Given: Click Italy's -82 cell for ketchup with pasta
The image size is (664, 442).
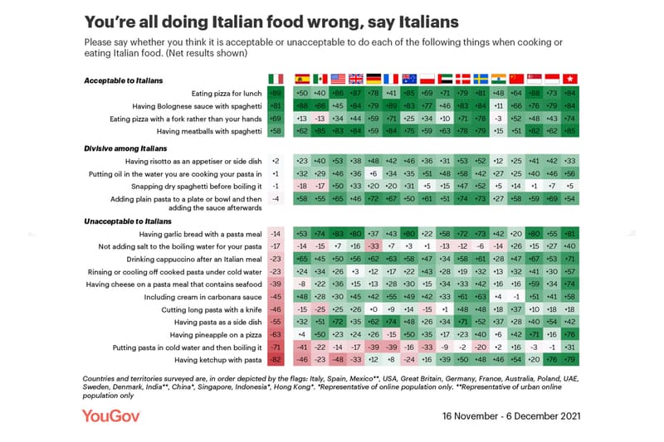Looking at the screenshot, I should (x=276, y=360).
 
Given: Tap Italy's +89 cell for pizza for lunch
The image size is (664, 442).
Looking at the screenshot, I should (x=276, y=94).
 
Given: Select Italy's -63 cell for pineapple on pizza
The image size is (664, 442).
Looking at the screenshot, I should (x=276, y=334).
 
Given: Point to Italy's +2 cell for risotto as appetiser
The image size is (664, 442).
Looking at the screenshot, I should (x=276, y=160).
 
